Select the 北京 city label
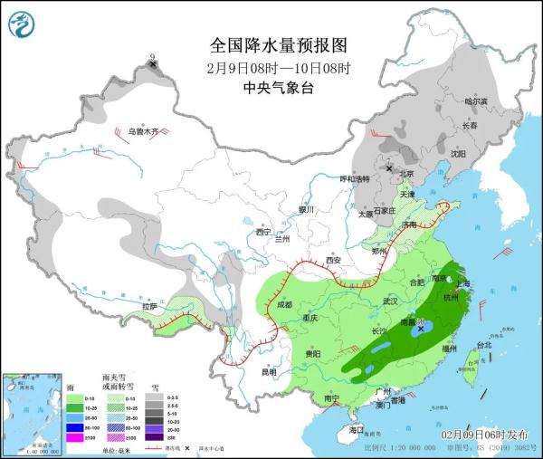pos(406,174)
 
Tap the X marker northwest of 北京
pos(390,168)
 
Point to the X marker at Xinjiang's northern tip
pos(153,64)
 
